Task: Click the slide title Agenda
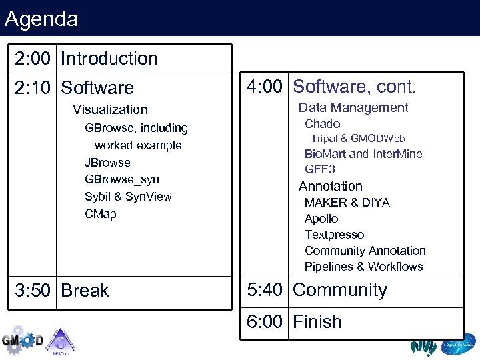tap(41, 19)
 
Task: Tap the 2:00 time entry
tap(33, 59)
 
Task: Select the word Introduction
tap(109, 59)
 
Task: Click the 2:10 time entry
tap(33, 88)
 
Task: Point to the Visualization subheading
tap(110, 109)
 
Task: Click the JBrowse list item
tap(107, 163)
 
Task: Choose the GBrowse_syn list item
tap(122, 179)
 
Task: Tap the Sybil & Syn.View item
tap(128, 197)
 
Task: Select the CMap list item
tap(100, 214)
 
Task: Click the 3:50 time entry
tap(33, 291)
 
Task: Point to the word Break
tap(85, 291)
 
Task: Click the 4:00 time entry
tap(265, 87)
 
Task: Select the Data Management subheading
tap(353, 107)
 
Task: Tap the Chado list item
tap(322, 124)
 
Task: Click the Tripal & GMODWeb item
tap(357, 139)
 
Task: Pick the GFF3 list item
tap(319, 169)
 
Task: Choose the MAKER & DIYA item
tap(347, 203)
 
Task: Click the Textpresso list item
tap(334, 235)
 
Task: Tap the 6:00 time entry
tap(265, 322)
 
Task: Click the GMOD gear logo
tap(21, 340)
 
